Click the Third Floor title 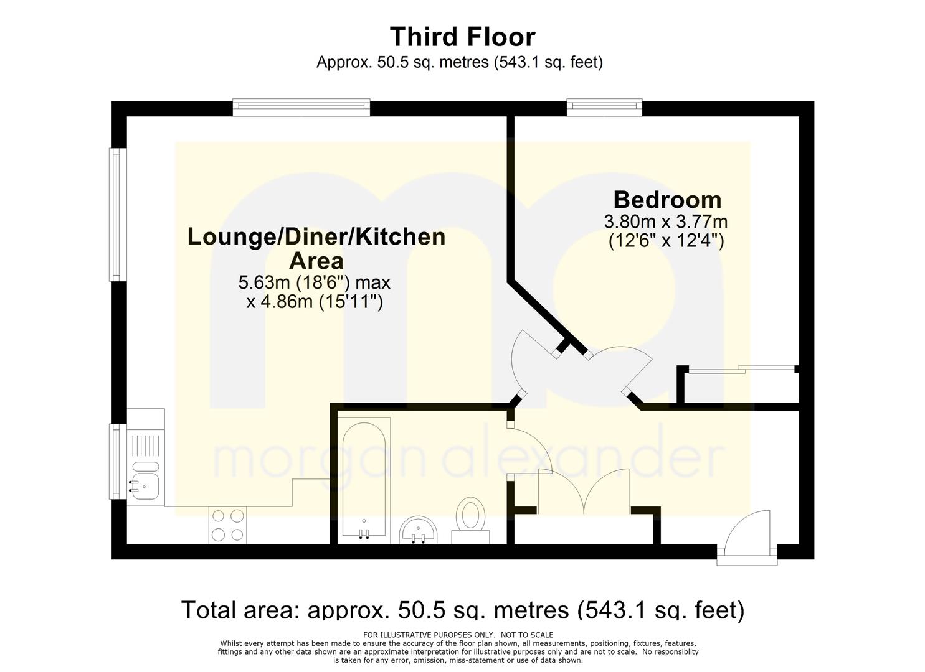462,37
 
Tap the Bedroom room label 667,200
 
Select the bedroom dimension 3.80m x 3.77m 666,222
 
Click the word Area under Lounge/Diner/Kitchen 316,261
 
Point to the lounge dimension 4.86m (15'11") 315,302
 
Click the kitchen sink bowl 145,485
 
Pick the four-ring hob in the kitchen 227,525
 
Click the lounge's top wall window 301,107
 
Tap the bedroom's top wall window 605,107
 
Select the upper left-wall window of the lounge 118,215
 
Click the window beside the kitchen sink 118,461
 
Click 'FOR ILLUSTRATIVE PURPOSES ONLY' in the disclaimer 428,635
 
